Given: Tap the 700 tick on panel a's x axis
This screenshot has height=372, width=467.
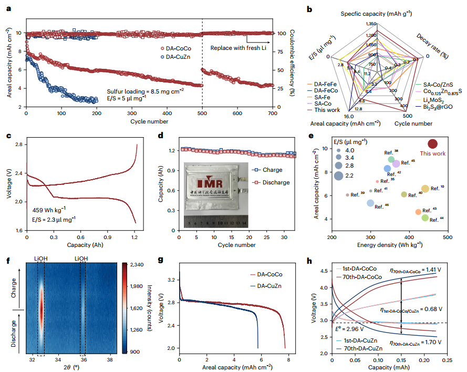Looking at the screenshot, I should coord(272,114).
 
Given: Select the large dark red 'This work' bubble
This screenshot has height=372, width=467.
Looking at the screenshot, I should coord(432,143).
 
